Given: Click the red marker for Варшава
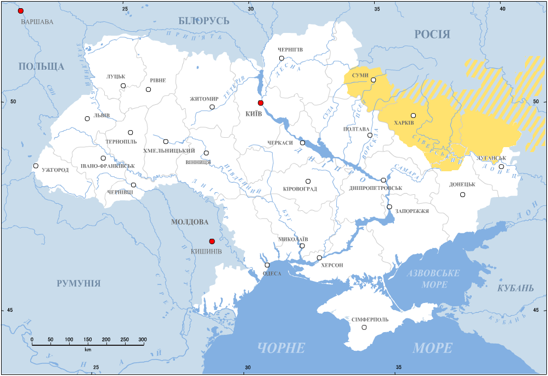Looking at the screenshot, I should click(21, 11).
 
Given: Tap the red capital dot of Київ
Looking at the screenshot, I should click(261, 103).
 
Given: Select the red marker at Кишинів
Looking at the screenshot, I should click(212, 242).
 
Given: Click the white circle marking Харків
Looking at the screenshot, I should click(413, 116).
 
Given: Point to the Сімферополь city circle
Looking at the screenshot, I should click(364, 328).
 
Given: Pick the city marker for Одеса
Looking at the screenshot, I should click(267, 265).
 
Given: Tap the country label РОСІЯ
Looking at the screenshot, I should click(432, 35).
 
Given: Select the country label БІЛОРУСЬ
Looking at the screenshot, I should click(204, 21).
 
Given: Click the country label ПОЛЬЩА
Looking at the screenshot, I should click(41, 66).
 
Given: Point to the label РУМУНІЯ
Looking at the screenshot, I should click(78, 283).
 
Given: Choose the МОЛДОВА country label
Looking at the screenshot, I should click(190, 222).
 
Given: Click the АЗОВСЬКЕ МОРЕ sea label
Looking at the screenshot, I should click(434, 279).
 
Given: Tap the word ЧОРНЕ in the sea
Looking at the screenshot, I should click(281, 347).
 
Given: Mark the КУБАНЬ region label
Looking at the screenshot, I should click(515, 288).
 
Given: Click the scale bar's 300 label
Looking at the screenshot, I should click(142, 340).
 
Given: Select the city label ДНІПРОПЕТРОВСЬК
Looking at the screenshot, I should click(375, 188).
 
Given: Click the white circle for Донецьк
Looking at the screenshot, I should click(462, 194).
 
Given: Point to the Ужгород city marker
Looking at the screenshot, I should click(36, 166).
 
